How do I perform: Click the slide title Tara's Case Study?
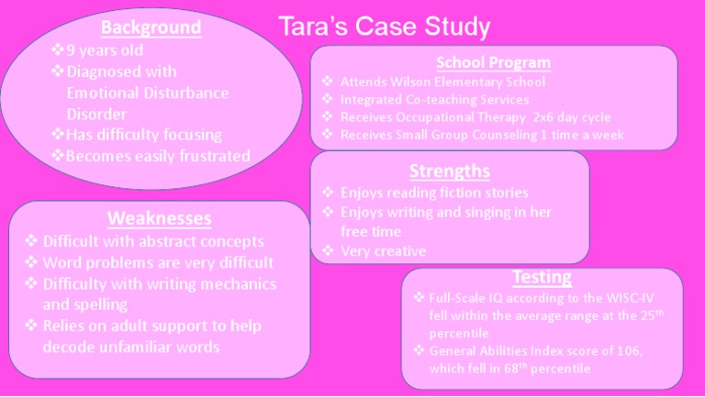[x=386, y=27]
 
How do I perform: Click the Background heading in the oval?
[x=151, y=27]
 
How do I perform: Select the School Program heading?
[x=493, y=62]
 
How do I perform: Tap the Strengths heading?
[x=449, y=171]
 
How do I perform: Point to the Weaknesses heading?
[x=160, y=218]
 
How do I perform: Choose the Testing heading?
[x=542, y=277]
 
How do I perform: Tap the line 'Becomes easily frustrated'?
[x=158, y=156]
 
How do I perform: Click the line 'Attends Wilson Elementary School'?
[x=442, y=82]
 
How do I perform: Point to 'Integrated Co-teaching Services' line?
[x=434, y=99]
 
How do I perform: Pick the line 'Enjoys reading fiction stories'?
[x=434, y=193]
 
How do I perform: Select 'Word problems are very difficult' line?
[x=159, y=262]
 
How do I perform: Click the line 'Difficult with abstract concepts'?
[x=153, y=242]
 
